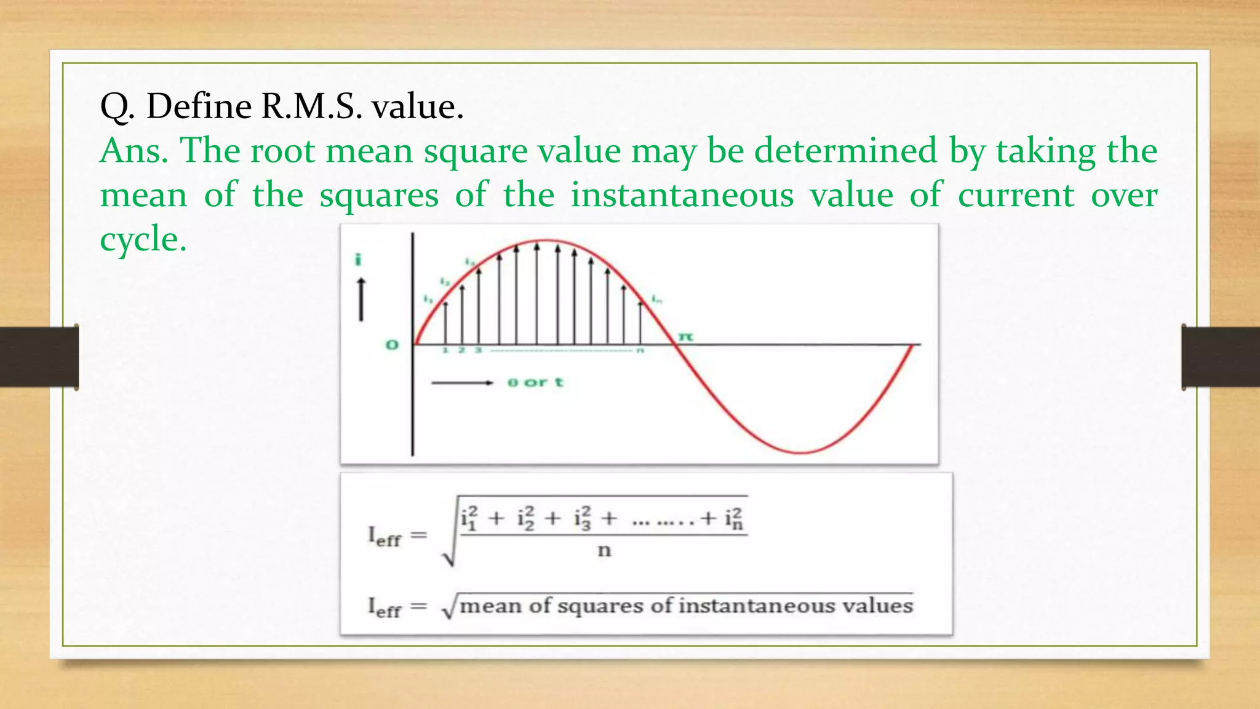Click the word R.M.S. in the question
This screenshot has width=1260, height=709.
tap(311, 106)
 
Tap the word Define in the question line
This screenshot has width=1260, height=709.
tap(199, 106)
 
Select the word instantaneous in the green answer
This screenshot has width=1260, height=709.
tap(682, 195)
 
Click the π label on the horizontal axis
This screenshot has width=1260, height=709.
tap(685, 337)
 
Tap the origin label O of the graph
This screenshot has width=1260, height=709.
tap(392, 345)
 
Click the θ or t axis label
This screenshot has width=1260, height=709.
tap(535, 382)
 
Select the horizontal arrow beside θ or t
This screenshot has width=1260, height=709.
tap(462, 383)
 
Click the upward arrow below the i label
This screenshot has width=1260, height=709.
tap(361, 299)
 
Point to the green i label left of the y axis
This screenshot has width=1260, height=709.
tap(358, 260)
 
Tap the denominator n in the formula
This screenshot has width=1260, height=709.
tap(604, 550)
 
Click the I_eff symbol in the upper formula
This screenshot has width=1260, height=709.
tap(384, 536)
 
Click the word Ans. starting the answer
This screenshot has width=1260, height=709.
tap(134, 151)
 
